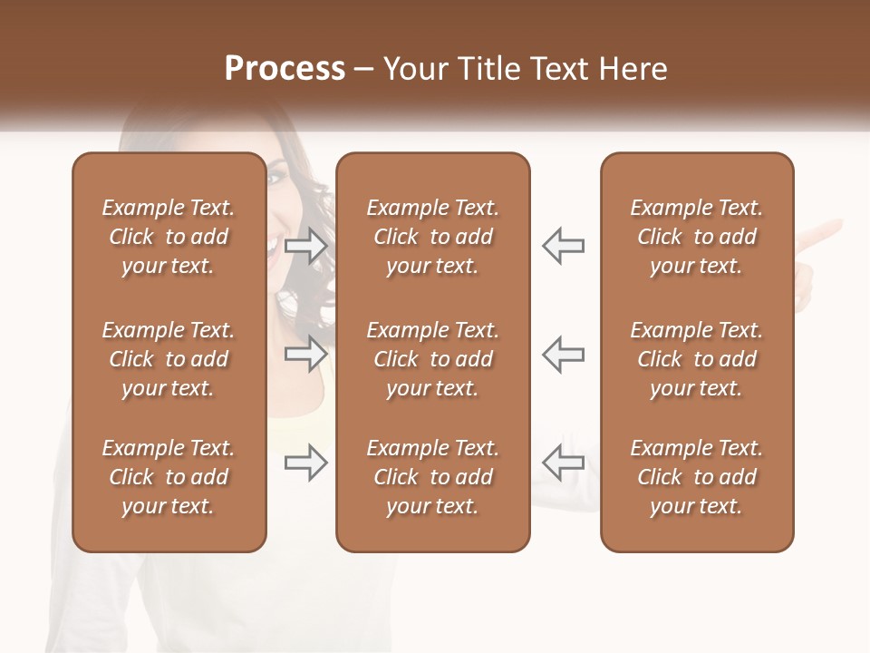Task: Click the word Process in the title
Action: pyautogui.click(x=285, y=70)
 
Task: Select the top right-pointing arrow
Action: pyautogui.click(x=306, y=246)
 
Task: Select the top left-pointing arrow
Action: pyautogui.click(x=563, y=246)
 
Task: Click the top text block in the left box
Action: pyautogui.click(x=169, y=237)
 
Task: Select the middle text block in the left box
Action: pyautogui.click(x=169, y=359)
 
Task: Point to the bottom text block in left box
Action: pyautogui.click(x=169, y=477)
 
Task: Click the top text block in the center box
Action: pyautogui.click(x=433, y=237)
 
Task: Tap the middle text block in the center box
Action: pyautogui.click(x=433, y=359)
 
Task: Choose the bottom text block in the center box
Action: pyautogui.click(x=433, y=477)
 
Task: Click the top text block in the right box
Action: pyautogui.click(x=697, y=237)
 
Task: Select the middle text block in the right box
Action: pyautogui.click(x=697, y=359)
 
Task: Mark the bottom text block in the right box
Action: pyautogui.click(x=697, y=477)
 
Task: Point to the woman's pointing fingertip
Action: pyautogui.click(x=839, y=224)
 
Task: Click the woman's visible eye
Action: pyautogui.click(x=275, y=177)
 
